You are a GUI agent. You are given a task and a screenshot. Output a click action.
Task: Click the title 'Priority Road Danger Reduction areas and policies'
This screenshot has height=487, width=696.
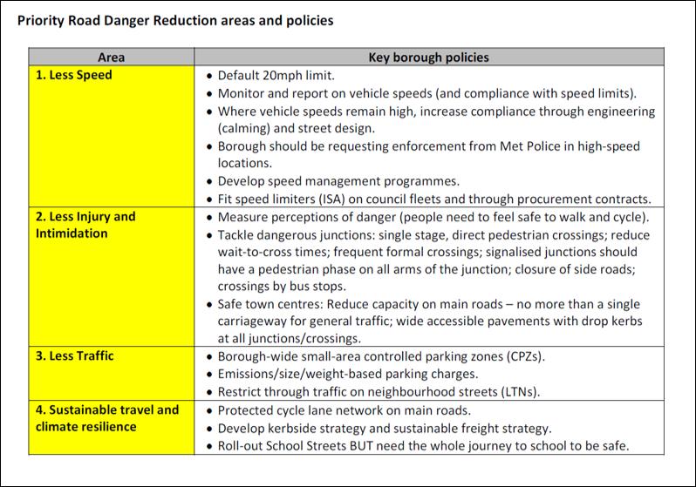point(175,19)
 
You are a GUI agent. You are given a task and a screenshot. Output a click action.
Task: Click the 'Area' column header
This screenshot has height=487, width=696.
point(111,57)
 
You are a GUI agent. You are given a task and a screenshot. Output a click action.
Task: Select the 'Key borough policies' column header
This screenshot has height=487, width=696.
point(429,57)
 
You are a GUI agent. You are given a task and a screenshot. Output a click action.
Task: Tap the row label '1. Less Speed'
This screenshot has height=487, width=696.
point(74,76)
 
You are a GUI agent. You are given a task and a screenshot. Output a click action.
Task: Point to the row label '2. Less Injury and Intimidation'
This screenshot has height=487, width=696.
point(85,225)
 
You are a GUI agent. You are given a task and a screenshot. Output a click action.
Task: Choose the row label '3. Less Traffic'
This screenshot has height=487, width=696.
point(75,355)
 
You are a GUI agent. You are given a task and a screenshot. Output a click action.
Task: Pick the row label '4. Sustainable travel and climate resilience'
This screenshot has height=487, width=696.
point(106,417)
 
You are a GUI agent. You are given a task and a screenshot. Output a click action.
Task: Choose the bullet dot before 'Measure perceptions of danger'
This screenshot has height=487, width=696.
point(209,217)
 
